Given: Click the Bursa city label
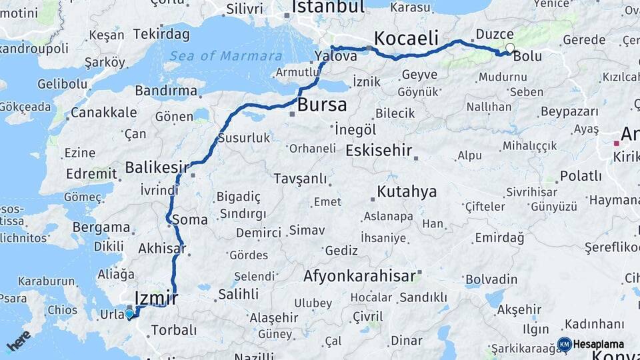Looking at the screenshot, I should pyautogui.click(x=322, y=105).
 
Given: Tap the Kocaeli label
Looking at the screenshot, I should pyautogui.click(x=406, y=37).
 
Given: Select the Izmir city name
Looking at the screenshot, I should pyautogui.click(x=156, y=298).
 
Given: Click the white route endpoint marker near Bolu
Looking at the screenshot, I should pyautogui.click(x=510, y=48).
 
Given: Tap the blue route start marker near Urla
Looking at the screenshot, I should pyautogui.click(x=129, y=313).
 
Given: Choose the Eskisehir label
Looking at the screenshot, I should pyautogui.click(x=379, y=150).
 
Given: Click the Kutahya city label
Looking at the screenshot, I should pyautogui.click(x=407, y=192).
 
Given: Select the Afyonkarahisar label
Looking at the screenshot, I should pyautogui.click(x=360, y=275).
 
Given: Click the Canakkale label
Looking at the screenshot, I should pyautogui.click(x=104, y=113).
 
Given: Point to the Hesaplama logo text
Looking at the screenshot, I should pyautogui.click(x=599, y=344).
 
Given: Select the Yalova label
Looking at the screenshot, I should pyautogui.click(x=337, y=56).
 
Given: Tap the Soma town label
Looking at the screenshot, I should pyautogui.click(x=189, y=219).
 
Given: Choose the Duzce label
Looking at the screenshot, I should pyautogui.click(x=495, y=34).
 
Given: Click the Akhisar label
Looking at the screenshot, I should pyautogui.click(x=161, y=249).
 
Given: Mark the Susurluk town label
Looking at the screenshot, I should pyautogui.click(x=247, y=138).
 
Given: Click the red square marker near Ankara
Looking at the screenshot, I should pyautogui.click(x=617, y=143).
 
